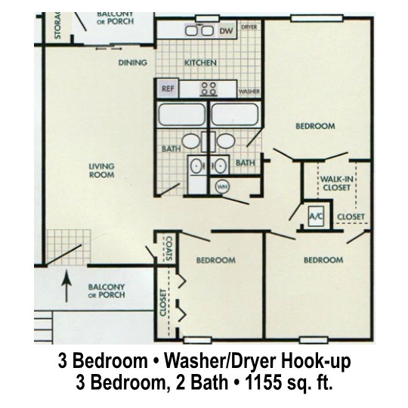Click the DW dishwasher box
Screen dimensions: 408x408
[227, 31]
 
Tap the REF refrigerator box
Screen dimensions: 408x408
[168, 88]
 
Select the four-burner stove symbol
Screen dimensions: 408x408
[209, 89]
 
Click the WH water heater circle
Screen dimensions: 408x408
[222, 187]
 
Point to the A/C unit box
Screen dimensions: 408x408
[316, 216]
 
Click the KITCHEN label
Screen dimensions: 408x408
[200, 63]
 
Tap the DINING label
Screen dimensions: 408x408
[133, 63]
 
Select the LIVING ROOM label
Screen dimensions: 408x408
[101, 171]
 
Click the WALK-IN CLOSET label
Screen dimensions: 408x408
[336, 183]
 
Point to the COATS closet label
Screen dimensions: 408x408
[169, 249]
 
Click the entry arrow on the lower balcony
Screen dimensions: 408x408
[67, 286]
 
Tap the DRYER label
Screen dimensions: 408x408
[249, 27]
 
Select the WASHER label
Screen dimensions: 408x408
[249, 91]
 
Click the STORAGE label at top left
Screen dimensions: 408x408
[57, 26]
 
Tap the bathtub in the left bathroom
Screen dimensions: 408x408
[181, 114]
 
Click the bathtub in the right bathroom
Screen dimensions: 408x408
[235, 114]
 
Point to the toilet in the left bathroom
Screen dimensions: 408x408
[190, 141]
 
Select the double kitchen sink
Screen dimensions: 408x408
[199, 31]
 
